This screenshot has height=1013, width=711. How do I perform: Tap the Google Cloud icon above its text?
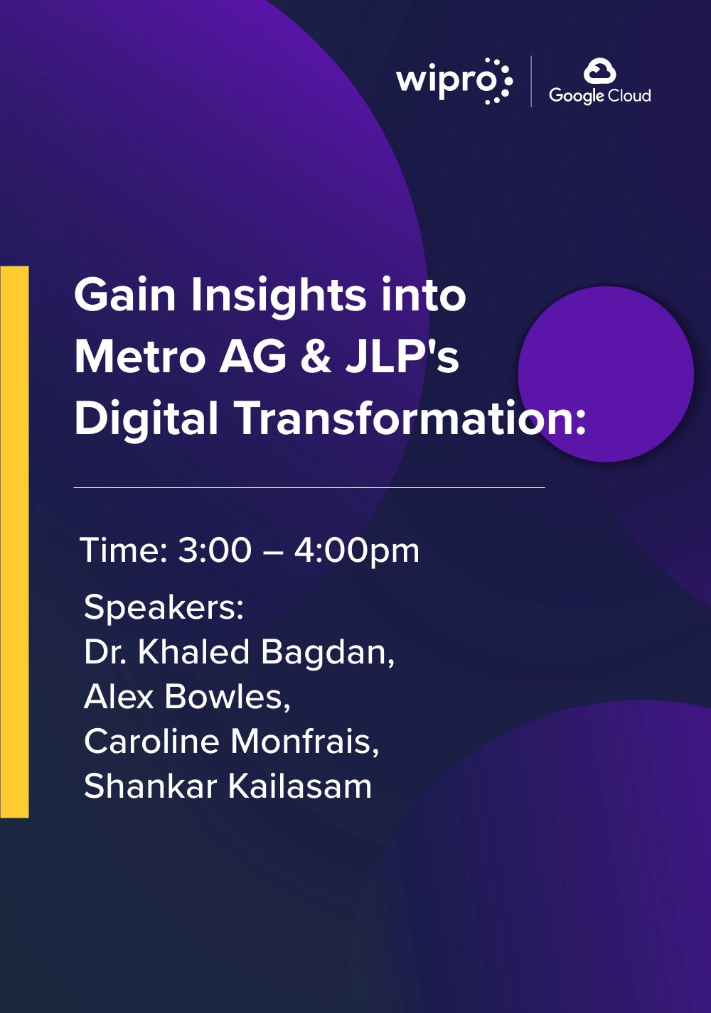(x=599, y=71)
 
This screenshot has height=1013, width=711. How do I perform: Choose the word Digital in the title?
(x=146, y=419)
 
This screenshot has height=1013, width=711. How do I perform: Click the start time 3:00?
(x=214, y=551)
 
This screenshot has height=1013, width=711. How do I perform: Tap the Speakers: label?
(x=164, y=607)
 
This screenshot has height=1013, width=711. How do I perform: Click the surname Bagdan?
(x=328, y=653)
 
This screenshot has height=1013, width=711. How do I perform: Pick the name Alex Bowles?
(x=187, y=696)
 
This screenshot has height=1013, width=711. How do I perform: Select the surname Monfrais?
(x=304, y=742)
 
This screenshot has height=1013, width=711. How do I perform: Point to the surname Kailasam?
(x=299, y=786)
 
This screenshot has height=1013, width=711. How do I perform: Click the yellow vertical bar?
(x=14, y=542)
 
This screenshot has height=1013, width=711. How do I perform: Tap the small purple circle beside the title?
(x=606, y=374)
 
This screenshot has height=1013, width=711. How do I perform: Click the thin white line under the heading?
(x=309, y=488)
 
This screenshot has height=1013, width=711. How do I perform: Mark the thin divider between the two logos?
(x=531, y=82)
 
